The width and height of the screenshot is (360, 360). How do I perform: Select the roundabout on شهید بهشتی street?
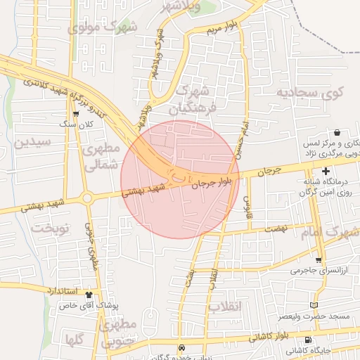pyautogui.click(x=88, y=198)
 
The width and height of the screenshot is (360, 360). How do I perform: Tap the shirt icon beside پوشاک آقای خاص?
pyautogui.click(x=89, y=295)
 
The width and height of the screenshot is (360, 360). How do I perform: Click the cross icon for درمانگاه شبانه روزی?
pyautogui.click(x=326, y=172)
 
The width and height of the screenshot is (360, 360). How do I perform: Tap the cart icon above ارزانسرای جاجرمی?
pyautogui.click(x=318, y=260)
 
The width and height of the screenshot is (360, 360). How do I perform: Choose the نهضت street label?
pyautogui.click(x=276, y=229)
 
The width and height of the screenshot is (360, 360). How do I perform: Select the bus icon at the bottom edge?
pyautogui.click(x=181, y=347)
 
